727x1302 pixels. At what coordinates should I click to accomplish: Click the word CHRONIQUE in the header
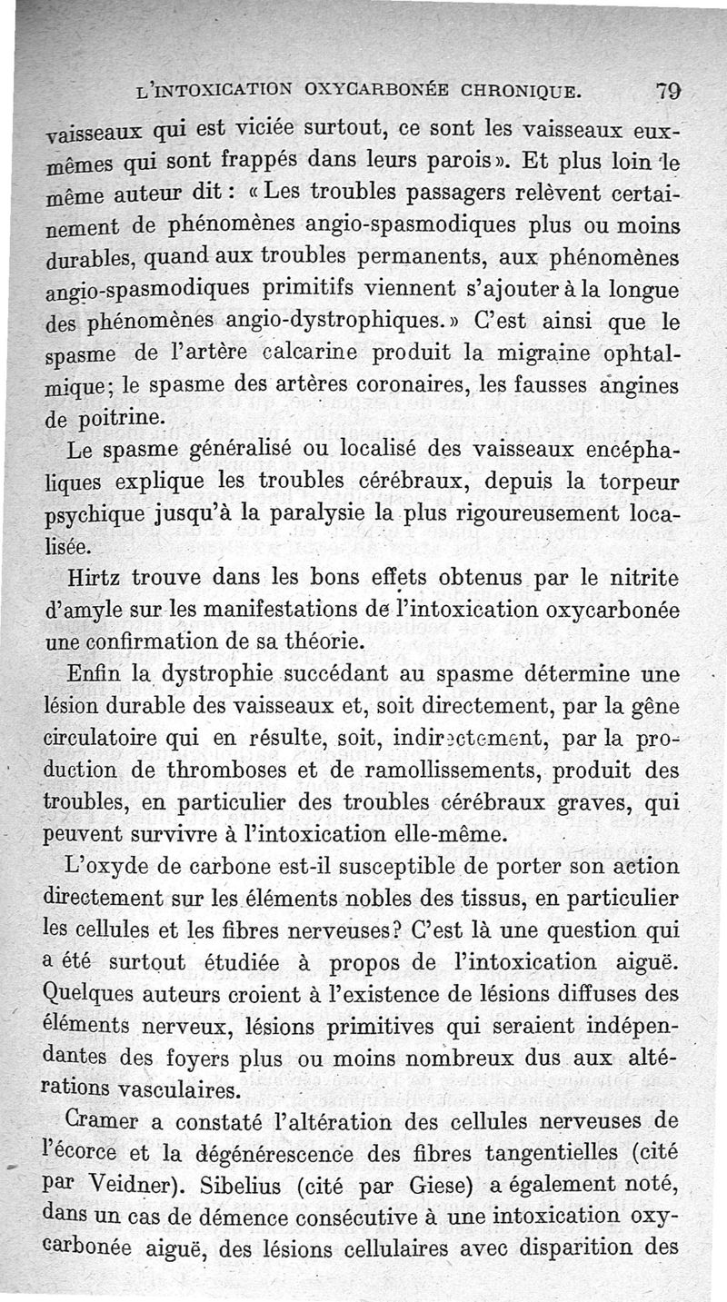coord(510,93)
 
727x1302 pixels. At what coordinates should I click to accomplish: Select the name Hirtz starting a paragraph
coord(95,580)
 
